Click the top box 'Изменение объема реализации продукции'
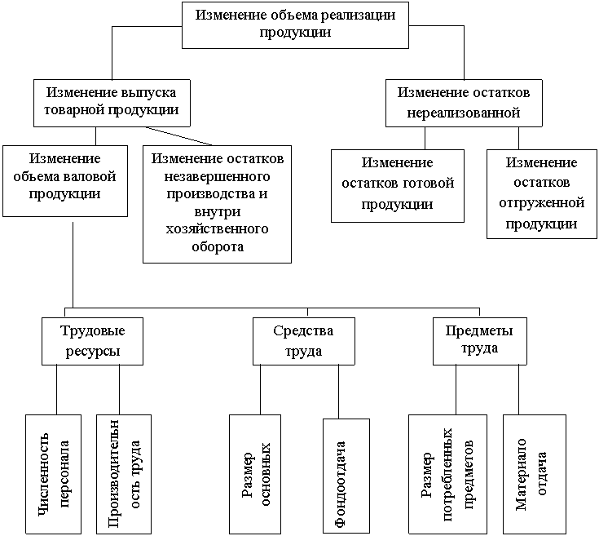tap(296, 24)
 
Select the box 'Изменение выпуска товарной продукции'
tap(112, 102)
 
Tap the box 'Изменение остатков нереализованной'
tap(464, 102)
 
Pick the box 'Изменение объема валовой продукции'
tap(64, 179)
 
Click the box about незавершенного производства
tap(217, 204)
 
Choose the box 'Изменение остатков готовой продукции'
tap(397, 185)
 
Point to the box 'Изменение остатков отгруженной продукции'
tap(541, 193)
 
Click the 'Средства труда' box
tap(303, 341)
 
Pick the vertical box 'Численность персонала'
tap(53, 475)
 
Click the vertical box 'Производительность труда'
tap(123, 475)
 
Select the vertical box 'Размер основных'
tap(255, 475)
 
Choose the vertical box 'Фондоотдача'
tap(346, 476)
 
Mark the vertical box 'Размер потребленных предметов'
tap(447, 475)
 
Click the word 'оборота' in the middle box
tap(216, 247)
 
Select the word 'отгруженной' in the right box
tap(541, 202)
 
